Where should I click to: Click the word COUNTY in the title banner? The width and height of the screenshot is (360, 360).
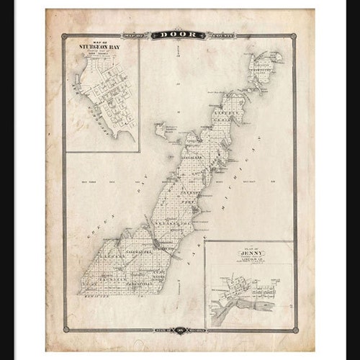(x=211, y=34)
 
